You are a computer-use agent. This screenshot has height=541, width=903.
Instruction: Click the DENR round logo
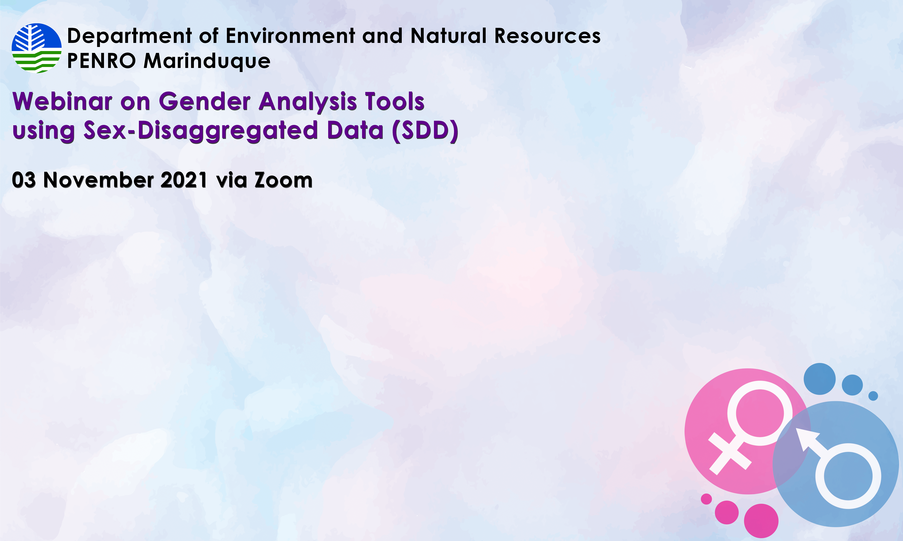36,48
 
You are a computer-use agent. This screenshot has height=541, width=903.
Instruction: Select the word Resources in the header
547,36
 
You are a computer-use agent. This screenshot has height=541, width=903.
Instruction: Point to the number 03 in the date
24,180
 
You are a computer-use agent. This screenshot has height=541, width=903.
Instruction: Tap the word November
99,180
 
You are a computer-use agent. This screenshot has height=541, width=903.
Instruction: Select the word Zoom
284,180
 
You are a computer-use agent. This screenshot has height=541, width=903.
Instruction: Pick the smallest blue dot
873,396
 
